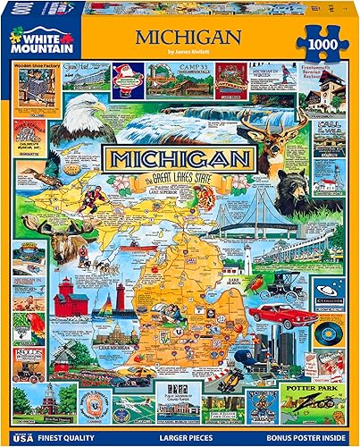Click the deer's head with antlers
coord(291,139)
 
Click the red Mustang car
coord(276,315)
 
